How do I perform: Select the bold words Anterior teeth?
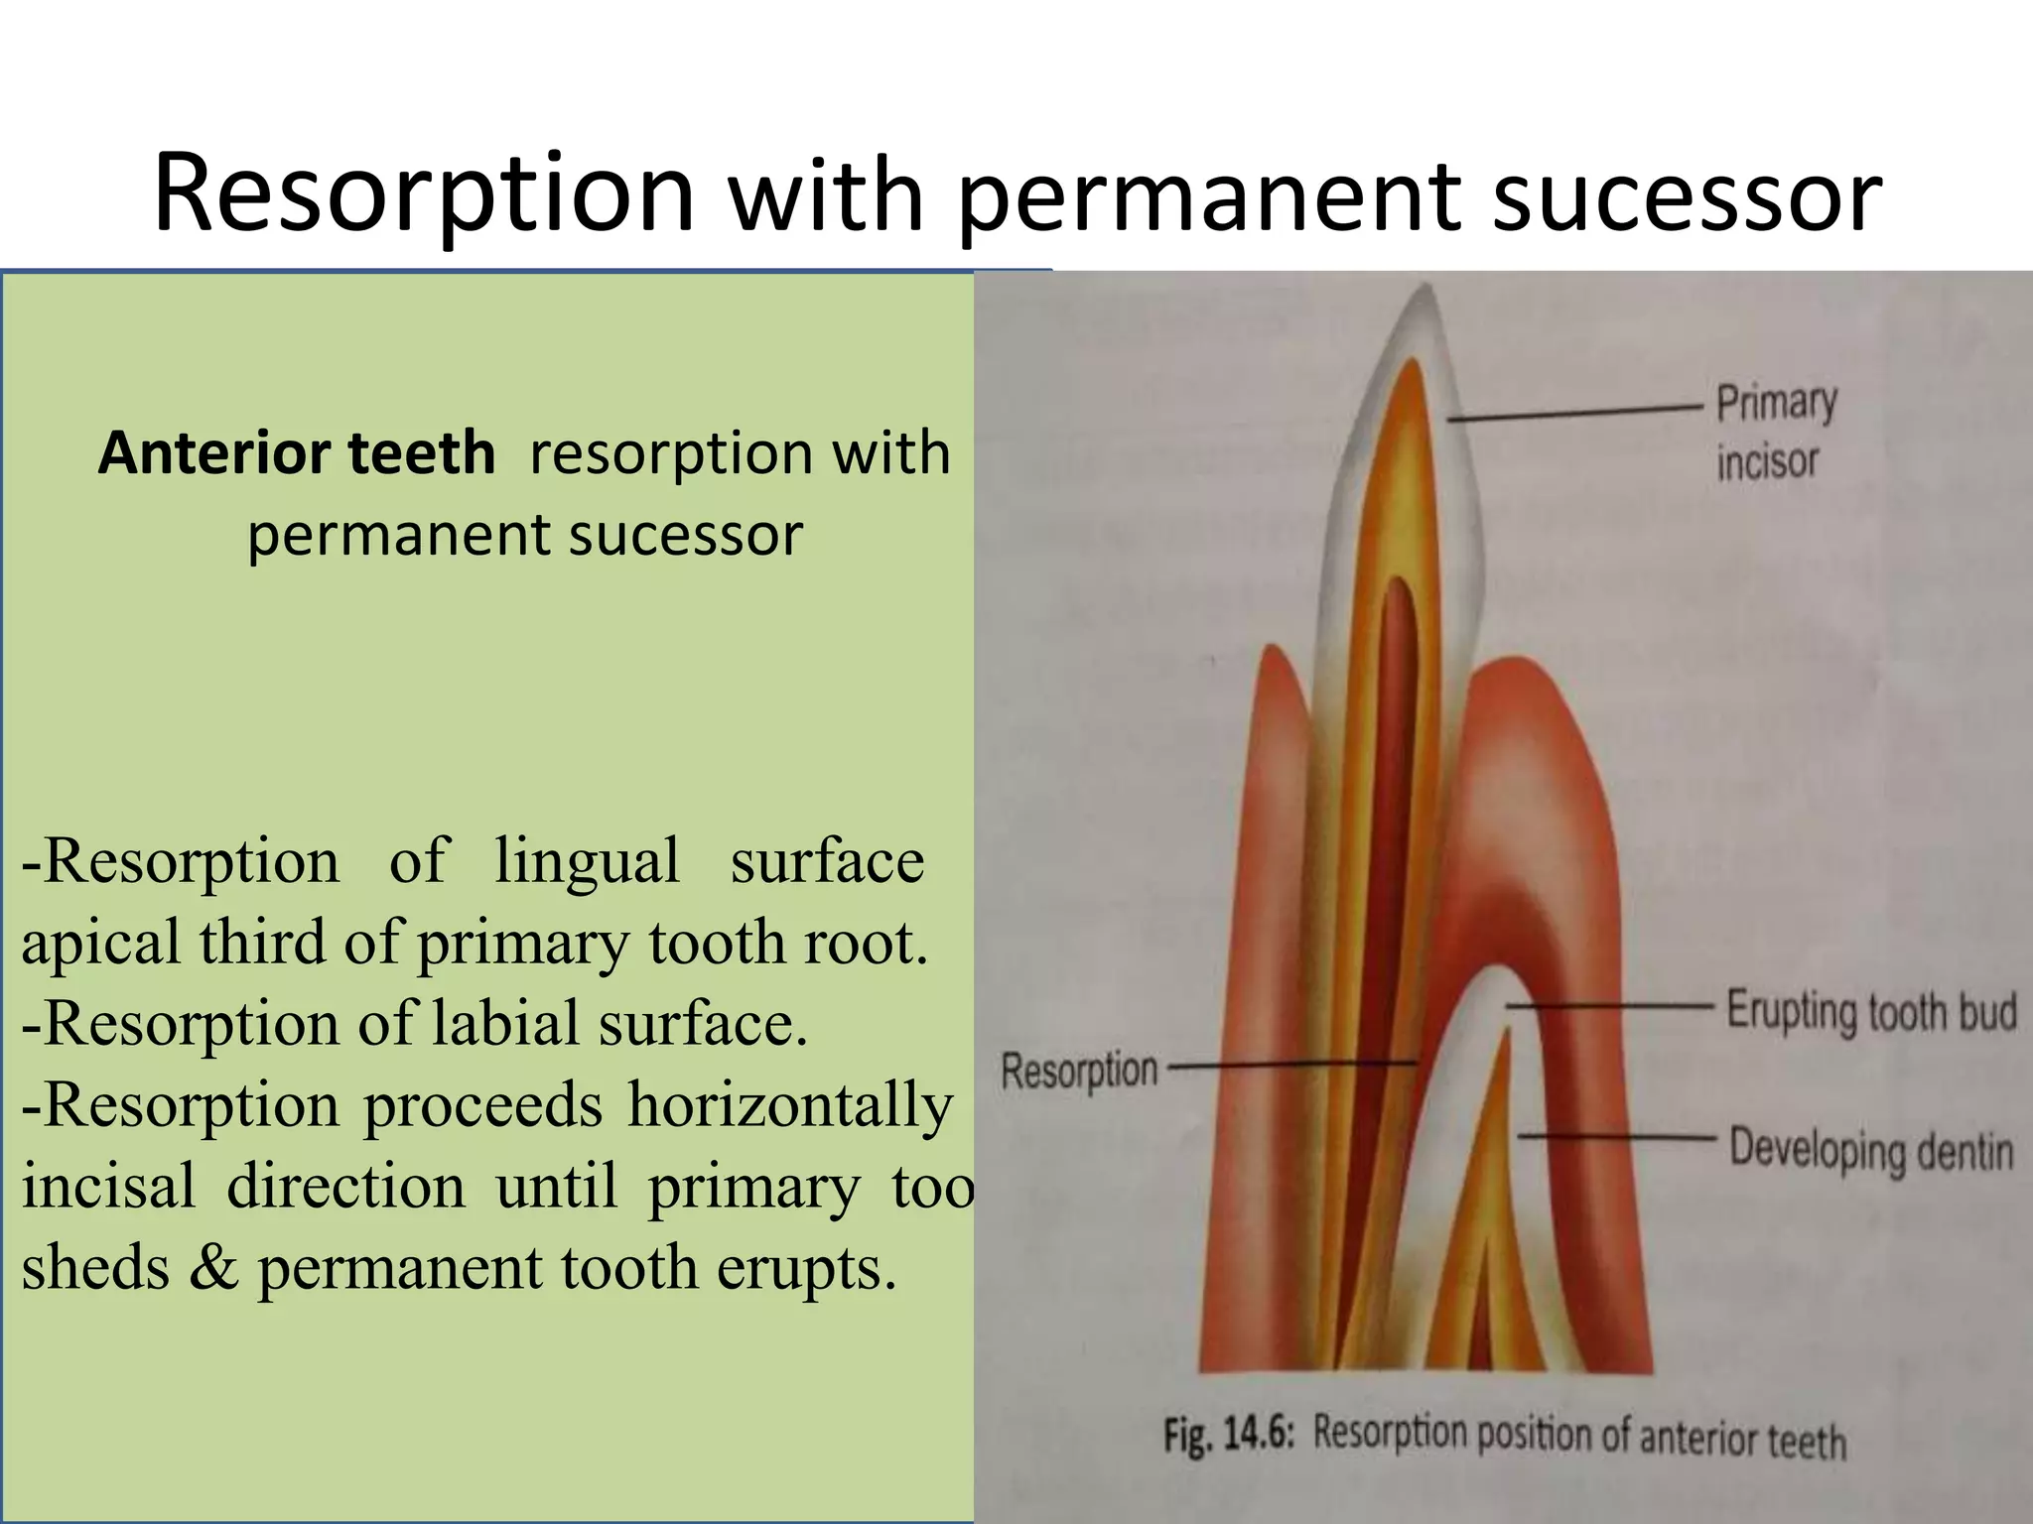click(296, 453)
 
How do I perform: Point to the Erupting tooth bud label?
click(1871, 1011)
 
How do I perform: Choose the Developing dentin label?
click(1871, 1150)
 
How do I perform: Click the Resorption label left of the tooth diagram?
click(1079, 1071)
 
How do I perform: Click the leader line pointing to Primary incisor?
click(1578, 413)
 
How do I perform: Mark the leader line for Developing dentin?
click(1618, 1136)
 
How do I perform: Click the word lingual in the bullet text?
click(587, 861)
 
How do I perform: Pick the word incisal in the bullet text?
click(109, 1186)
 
